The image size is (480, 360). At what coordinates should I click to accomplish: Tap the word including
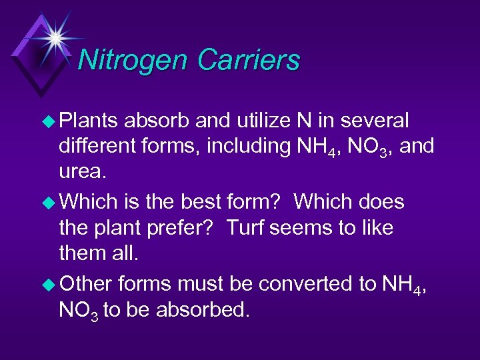click(250, 145)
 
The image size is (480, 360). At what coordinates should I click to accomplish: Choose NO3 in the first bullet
click(368, 145)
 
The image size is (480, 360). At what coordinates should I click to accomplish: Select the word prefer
click(183, 227)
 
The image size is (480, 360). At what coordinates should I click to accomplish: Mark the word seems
click(306, 227)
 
